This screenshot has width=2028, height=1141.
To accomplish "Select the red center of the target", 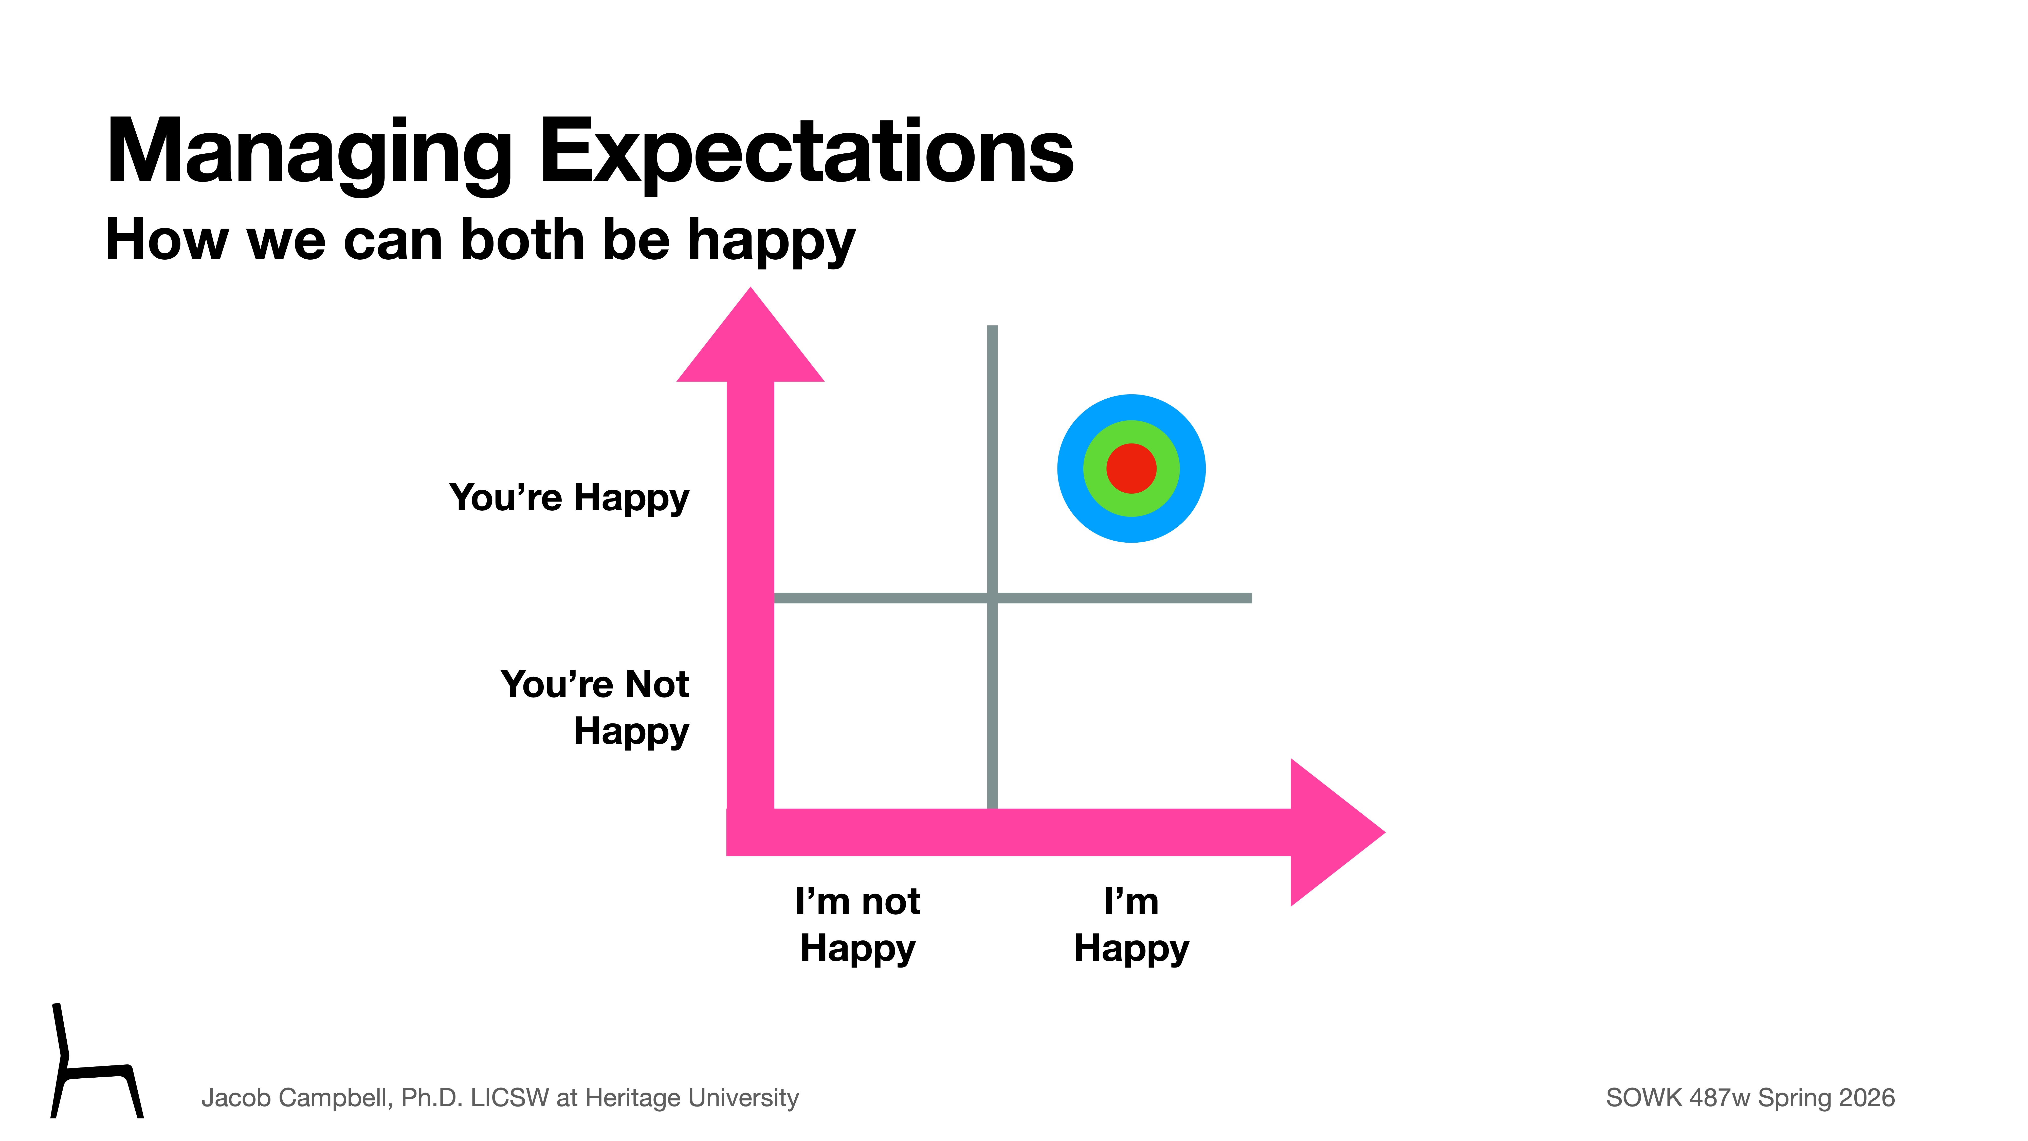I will (x=1131, y=469).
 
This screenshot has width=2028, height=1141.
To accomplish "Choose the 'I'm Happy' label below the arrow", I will (x=1131, y=924).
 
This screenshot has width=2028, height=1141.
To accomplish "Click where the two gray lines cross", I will (x=992, y=598).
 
